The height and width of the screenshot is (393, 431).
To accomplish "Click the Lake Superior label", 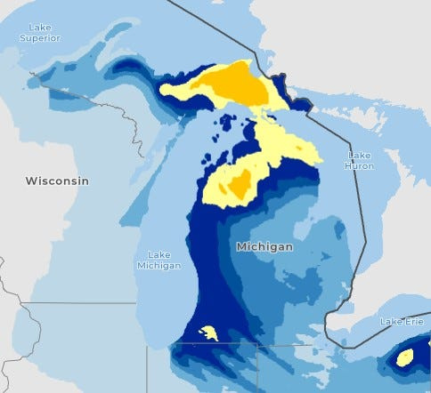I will coord(41,33).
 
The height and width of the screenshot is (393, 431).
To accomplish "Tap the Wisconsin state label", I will coord(57,180).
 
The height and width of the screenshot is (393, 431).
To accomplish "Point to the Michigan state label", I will coord(264,246).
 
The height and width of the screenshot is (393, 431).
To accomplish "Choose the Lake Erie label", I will coord(402,321).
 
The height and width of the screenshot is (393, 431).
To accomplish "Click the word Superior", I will coord(41,38).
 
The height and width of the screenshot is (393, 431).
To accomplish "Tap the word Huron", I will coord(360,165).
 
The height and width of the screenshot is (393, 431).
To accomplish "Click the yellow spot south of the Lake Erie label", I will coord(404,357).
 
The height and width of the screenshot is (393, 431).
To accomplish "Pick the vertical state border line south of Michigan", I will coord(257,369).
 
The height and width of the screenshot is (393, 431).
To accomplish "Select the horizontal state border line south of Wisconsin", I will coord(80,303).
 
